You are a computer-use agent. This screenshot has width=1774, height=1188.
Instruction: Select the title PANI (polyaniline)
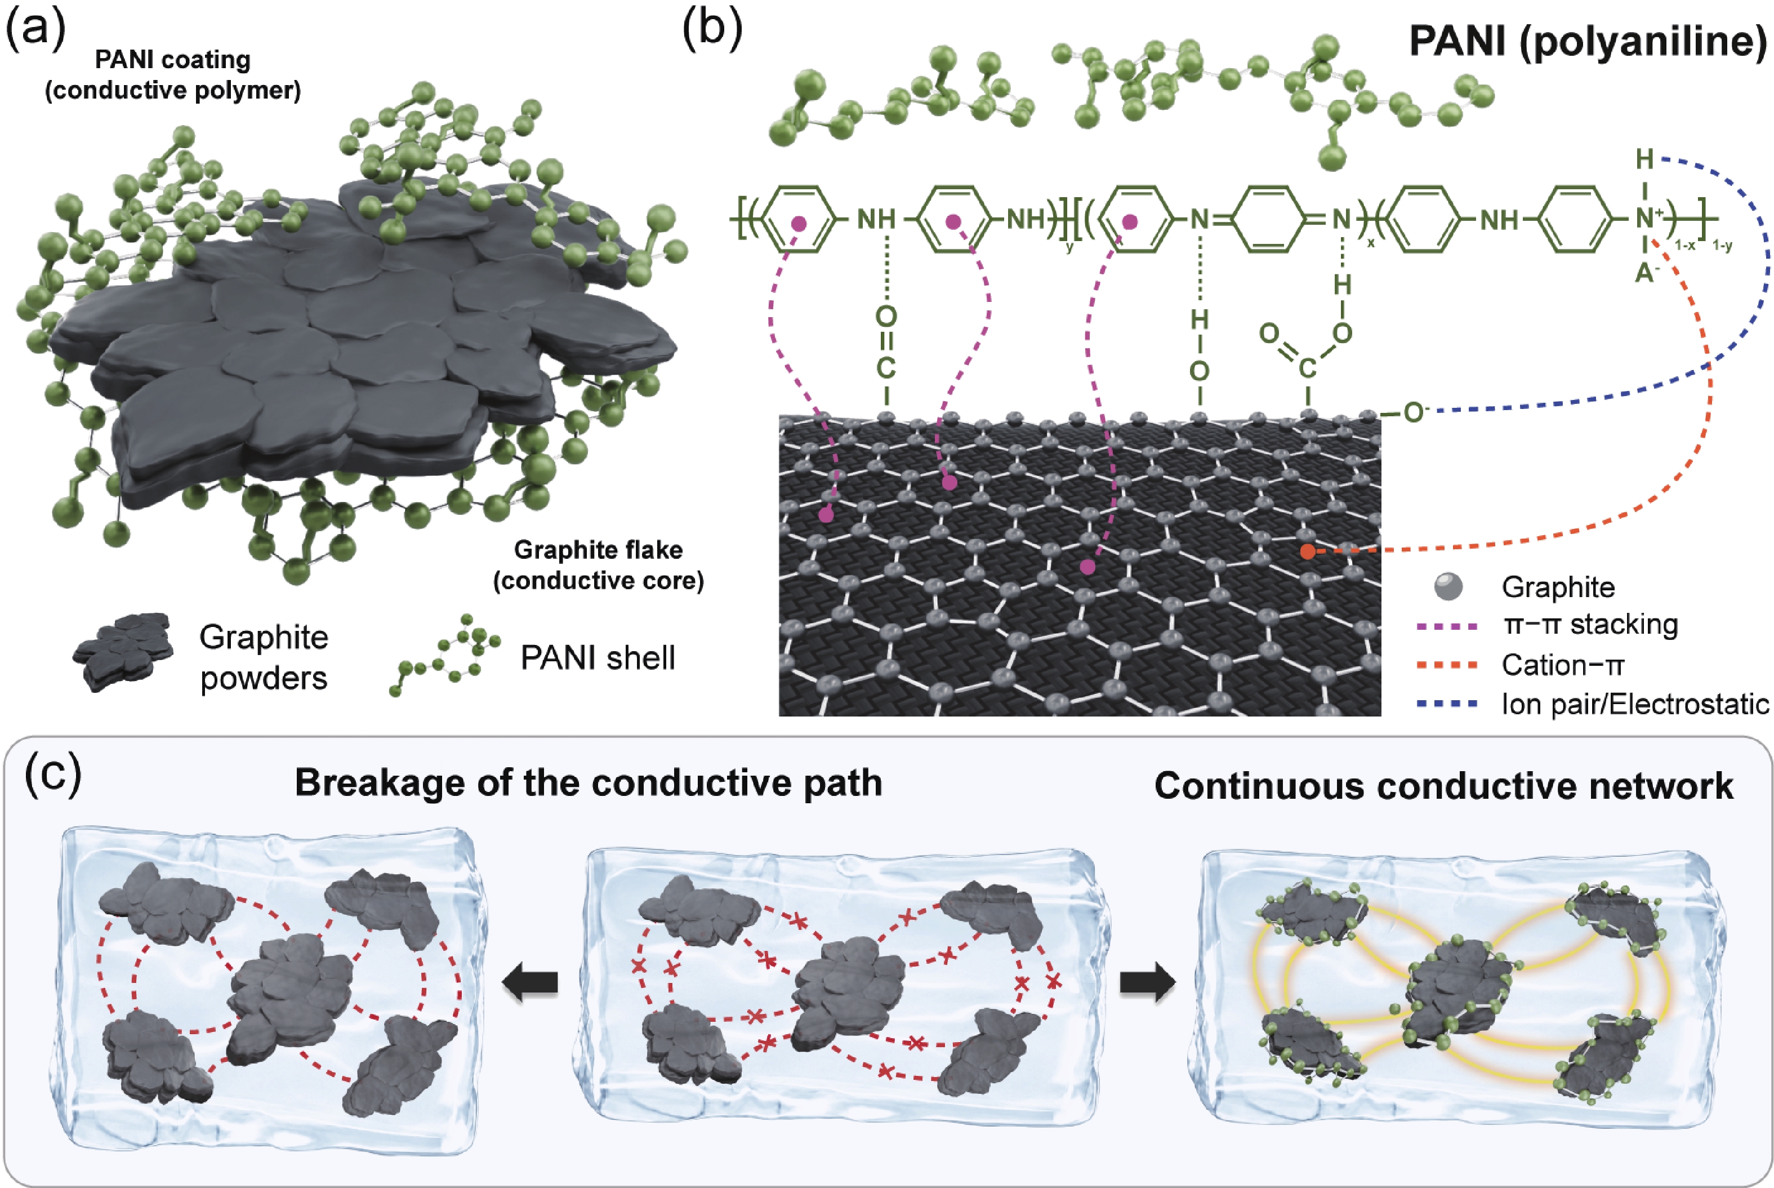pos(1588,41)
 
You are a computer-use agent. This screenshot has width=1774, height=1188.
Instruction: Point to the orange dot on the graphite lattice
pos(1307,551)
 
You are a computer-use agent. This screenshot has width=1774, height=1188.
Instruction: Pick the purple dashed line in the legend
pos(1447,626)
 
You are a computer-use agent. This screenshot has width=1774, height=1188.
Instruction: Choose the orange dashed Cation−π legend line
pos(1447,666)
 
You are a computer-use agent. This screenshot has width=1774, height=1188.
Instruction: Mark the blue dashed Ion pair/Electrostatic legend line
pos(1447,705)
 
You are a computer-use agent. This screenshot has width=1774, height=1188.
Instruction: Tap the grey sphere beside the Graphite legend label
pos(1448,586)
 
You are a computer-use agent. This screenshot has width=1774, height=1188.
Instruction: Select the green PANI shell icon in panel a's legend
pos(445,655)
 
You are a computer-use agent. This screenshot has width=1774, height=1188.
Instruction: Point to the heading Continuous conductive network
pos(1444,786)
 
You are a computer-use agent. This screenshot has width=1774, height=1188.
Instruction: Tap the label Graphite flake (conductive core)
pos(599,565)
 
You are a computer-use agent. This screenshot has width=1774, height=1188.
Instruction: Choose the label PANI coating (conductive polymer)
pos(173,75)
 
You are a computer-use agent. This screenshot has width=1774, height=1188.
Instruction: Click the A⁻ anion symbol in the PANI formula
pos(1644,272)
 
